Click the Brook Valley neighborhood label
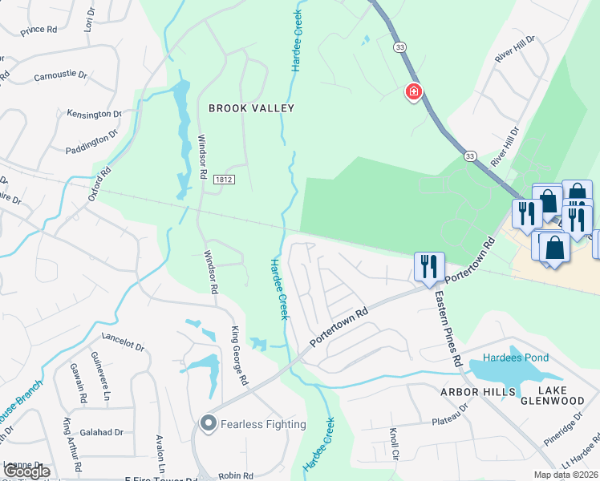(251, 108)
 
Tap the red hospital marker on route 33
(414, 92)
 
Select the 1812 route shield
(224, 180)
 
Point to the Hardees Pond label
(514, 358)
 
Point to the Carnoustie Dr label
(60, 76)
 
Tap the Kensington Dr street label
(94, 114)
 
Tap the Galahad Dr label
(107, 432)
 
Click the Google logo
(27, 471)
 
